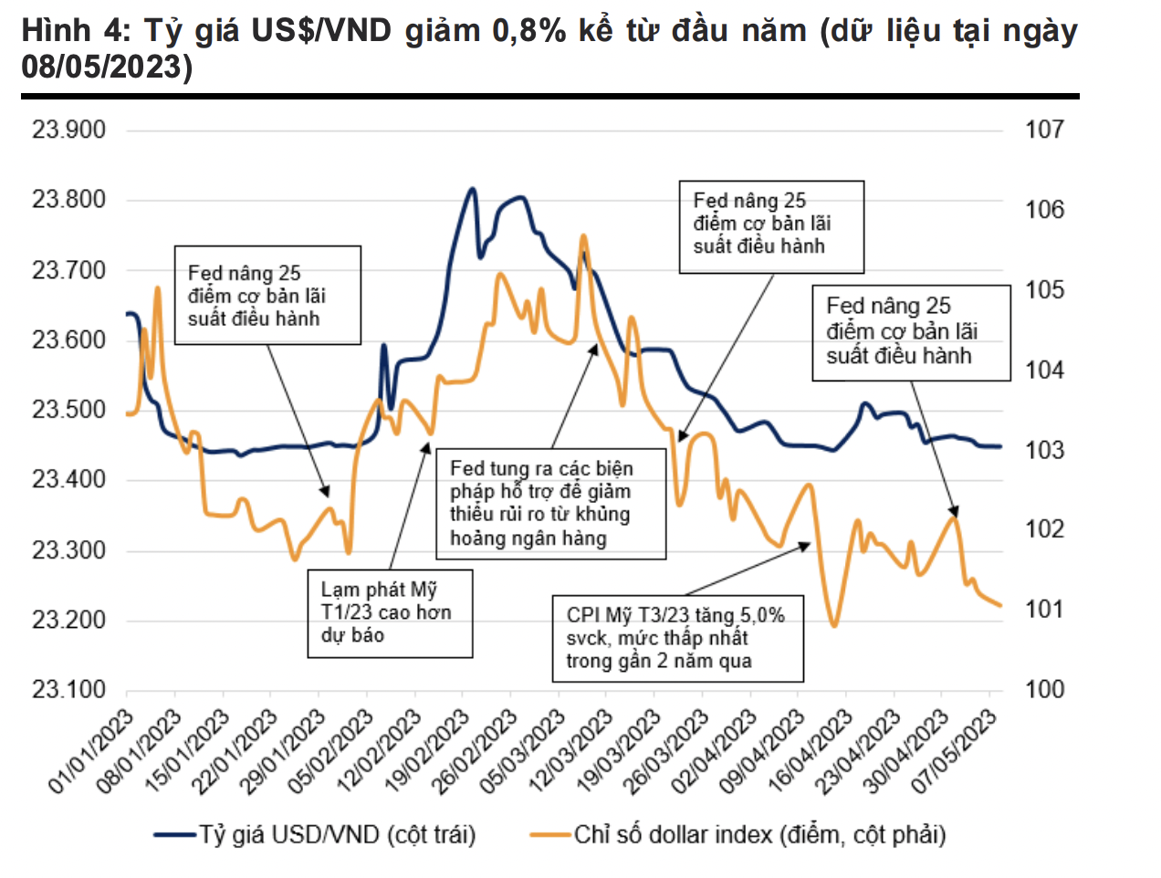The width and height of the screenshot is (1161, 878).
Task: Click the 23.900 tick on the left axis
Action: pyautogui.click(x=69, y=130)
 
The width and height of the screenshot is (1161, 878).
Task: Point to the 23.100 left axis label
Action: pyautogui.click(x=69, y=689)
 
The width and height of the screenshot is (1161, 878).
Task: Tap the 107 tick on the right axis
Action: pyautogui.click(x=1044, y=130)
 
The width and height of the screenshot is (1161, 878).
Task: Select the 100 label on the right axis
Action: pyautogui.click(x=1044, y=689)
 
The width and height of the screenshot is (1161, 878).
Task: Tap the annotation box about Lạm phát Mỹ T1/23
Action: pyautogui.click(x=390, y=612)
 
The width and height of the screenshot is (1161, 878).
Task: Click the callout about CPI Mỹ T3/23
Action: pyautogui.click(x=677, y=638)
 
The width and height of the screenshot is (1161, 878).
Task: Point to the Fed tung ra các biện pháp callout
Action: pyautogui.click(x=550, y=503)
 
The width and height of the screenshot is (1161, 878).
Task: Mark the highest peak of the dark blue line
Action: pyautogui.click(x=472, y=189)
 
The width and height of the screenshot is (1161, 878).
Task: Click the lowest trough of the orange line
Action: pyautogui.click(x=833, y=626)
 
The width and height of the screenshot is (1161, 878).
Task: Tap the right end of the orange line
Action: pyautogui.click(x=1000, y=605)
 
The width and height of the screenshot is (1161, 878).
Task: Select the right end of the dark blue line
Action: pyautogui.click(x=1000, y=446)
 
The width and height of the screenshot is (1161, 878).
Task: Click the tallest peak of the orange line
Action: pyautogui.click(x=584, y=235)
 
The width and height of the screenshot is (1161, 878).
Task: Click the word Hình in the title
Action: pyautogui.click(x=56, y=32)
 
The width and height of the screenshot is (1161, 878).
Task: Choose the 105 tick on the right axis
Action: pyautogui.click(x=1044, y=290)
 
